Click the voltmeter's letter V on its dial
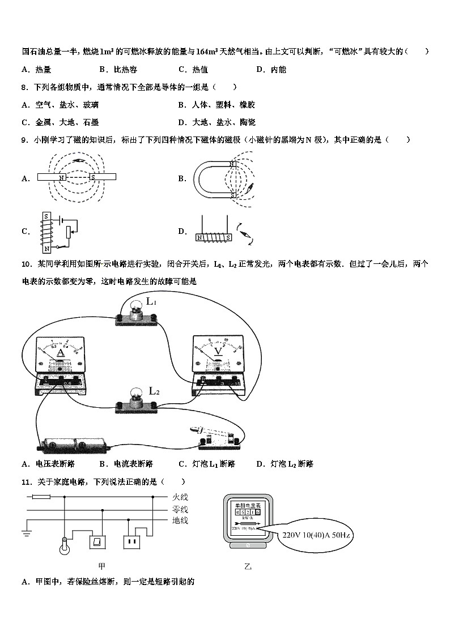[x=218, y=351]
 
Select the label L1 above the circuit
[x=151, y=301]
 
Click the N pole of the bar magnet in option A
[x=61, y=177]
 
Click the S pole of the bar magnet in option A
[x=93, y=177]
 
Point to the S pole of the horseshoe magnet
[x=232, y=195]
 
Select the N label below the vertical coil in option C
[x=48, y=248]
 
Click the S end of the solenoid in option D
[x=227, y=238]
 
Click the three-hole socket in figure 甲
[x=132, y=542]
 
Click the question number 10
[x=26, y=264]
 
